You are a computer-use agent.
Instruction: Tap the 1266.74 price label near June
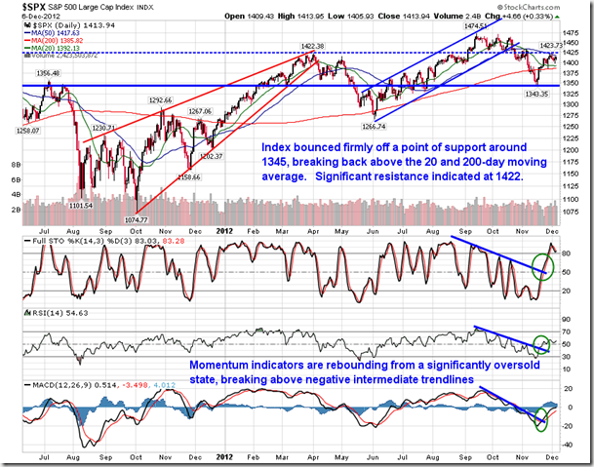[x=373, y=127]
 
